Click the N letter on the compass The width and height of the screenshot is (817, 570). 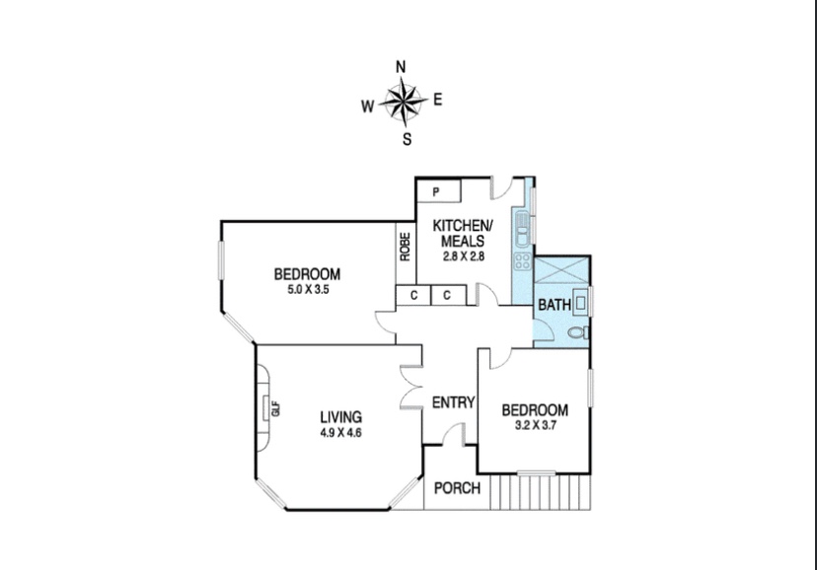point(401,67)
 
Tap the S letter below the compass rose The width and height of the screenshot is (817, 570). point(407,139)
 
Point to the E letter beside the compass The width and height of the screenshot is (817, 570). point(438,100)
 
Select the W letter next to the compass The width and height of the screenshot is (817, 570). point(367,107)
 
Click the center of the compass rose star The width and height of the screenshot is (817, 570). point(404,101)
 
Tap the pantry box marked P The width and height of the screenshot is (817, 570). point(439,191)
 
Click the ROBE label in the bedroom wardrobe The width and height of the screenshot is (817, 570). point(406,247)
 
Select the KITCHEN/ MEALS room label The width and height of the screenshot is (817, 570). point(463,233)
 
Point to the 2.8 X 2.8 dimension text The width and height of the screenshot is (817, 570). point(463,256)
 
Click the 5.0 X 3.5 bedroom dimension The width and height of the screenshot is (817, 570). point(308,289)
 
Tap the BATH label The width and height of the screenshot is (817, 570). point(555,305)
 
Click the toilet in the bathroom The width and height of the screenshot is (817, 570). point(578,332)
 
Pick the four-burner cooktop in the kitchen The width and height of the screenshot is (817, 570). point(522,261)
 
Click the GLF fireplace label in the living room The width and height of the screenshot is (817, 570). point(276,408)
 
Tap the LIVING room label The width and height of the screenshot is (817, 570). point(340,417)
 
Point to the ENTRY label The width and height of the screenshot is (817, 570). point(453,402)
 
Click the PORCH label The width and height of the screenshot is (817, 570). point(457,488)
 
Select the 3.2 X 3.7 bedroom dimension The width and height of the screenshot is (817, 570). point(536,425)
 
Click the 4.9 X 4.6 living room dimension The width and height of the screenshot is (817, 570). point(340,433)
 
